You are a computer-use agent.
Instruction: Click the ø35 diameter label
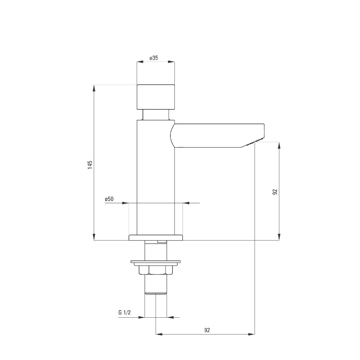(154, 58)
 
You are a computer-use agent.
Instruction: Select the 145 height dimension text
(90, 165)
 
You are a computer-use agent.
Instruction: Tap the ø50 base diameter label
(109, 199)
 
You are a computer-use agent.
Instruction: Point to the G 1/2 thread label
(124, 312)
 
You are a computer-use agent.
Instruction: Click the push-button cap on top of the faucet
(156, 97)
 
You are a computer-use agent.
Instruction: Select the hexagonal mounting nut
(156, 270)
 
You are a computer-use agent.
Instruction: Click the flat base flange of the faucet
(156, 238)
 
